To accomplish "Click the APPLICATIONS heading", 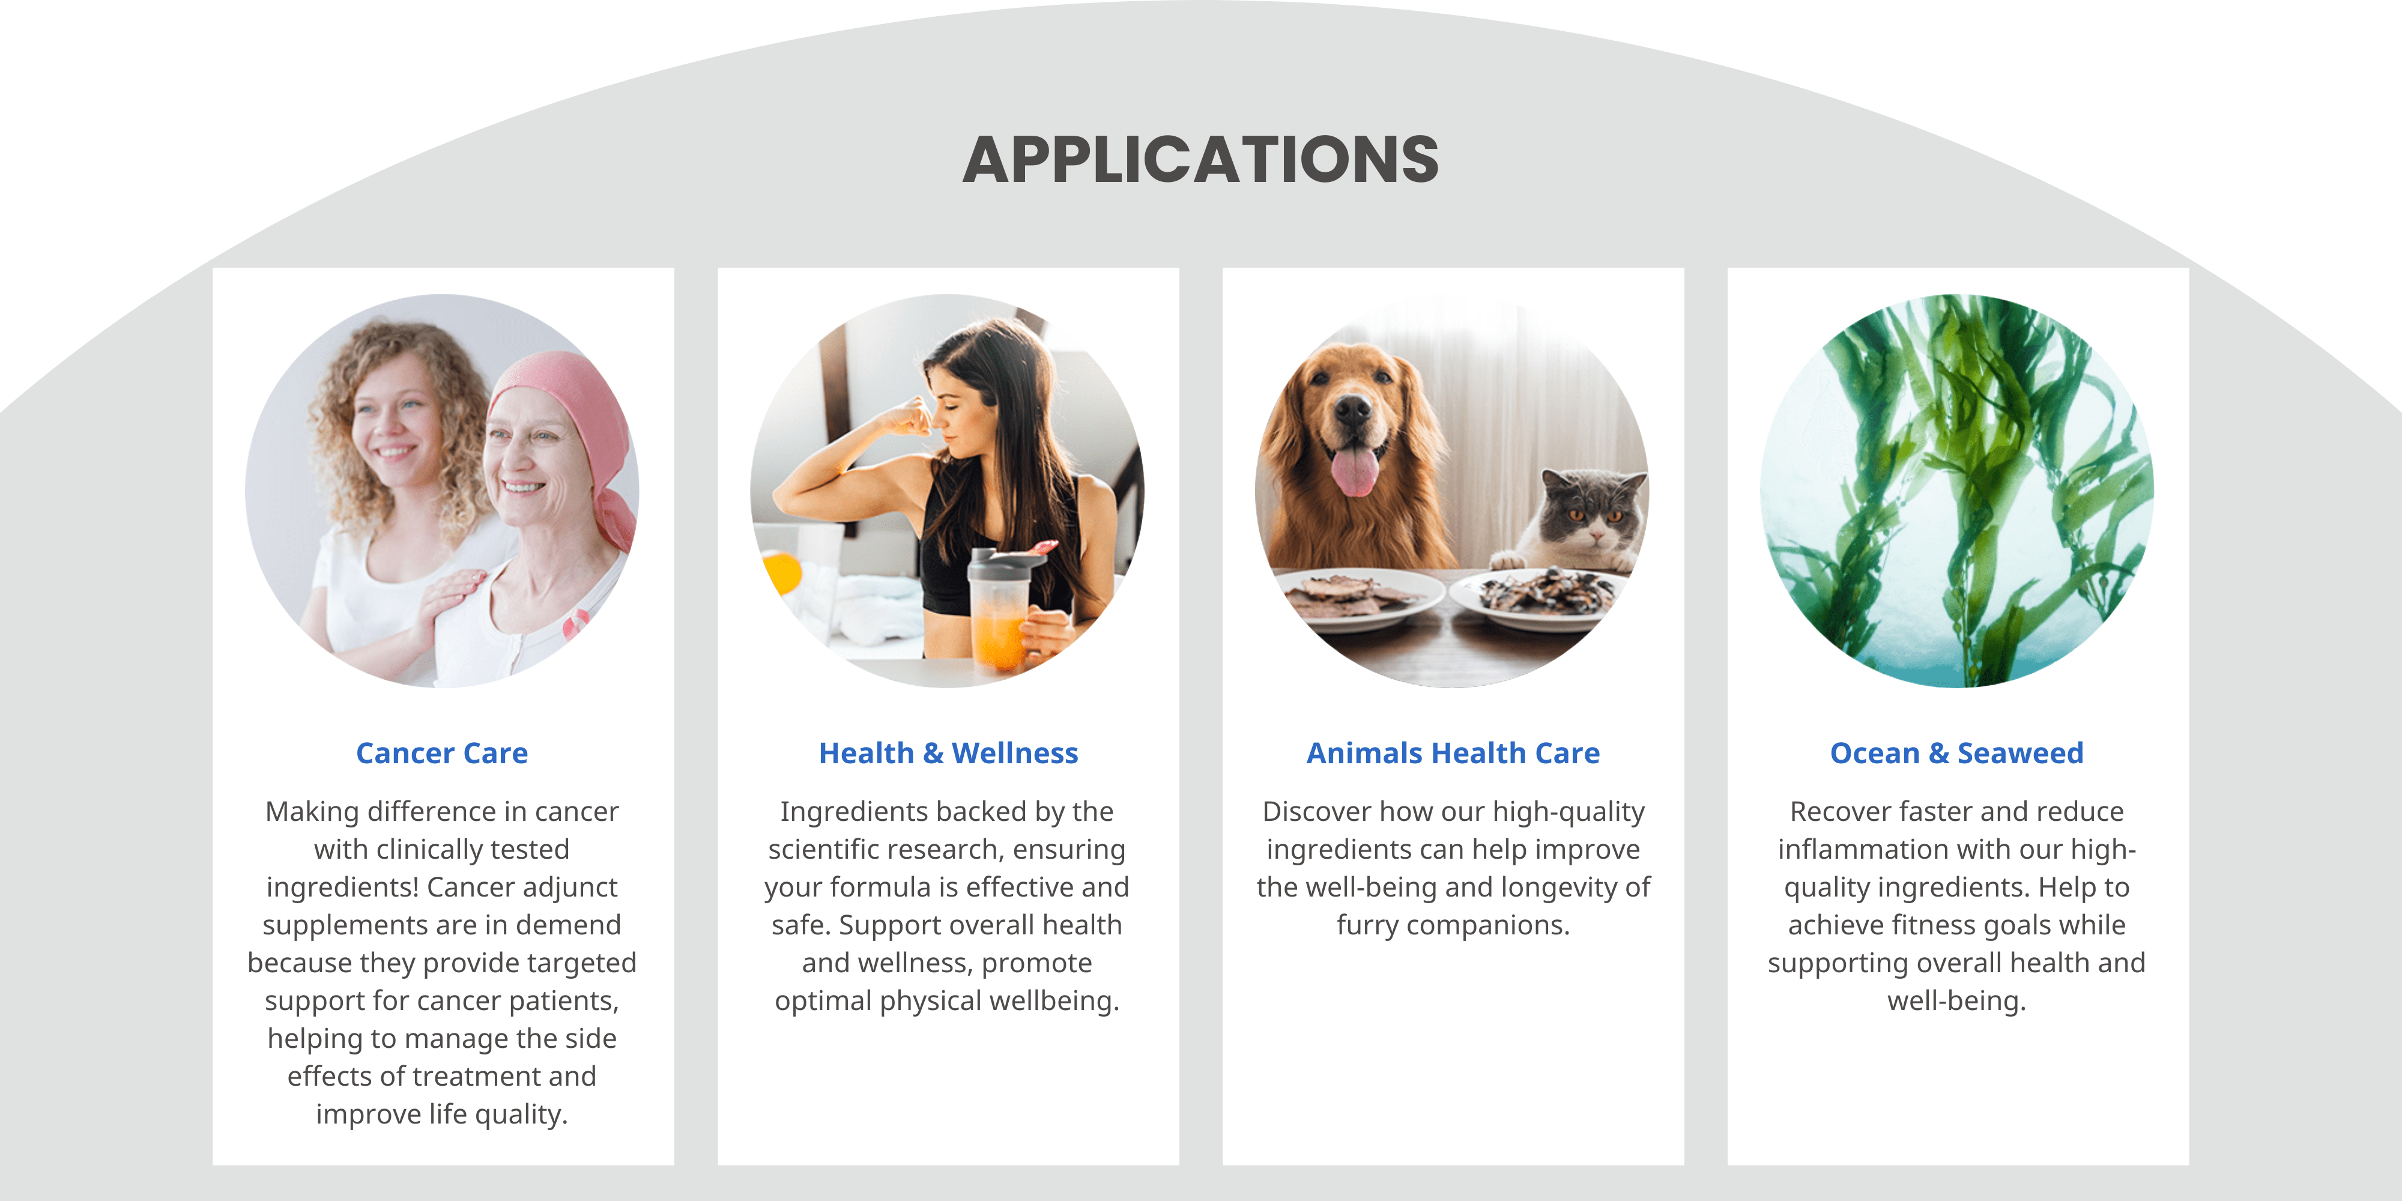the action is coord(1201,160).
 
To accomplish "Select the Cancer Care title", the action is coord(442,752).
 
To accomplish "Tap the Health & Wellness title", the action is coord(948,752).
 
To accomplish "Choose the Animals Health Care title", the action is coord(1453,752).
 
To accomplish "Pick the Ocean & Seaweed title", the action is coord(1956,752).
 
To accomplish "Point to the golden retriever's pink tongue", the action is coord(1355,471).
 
